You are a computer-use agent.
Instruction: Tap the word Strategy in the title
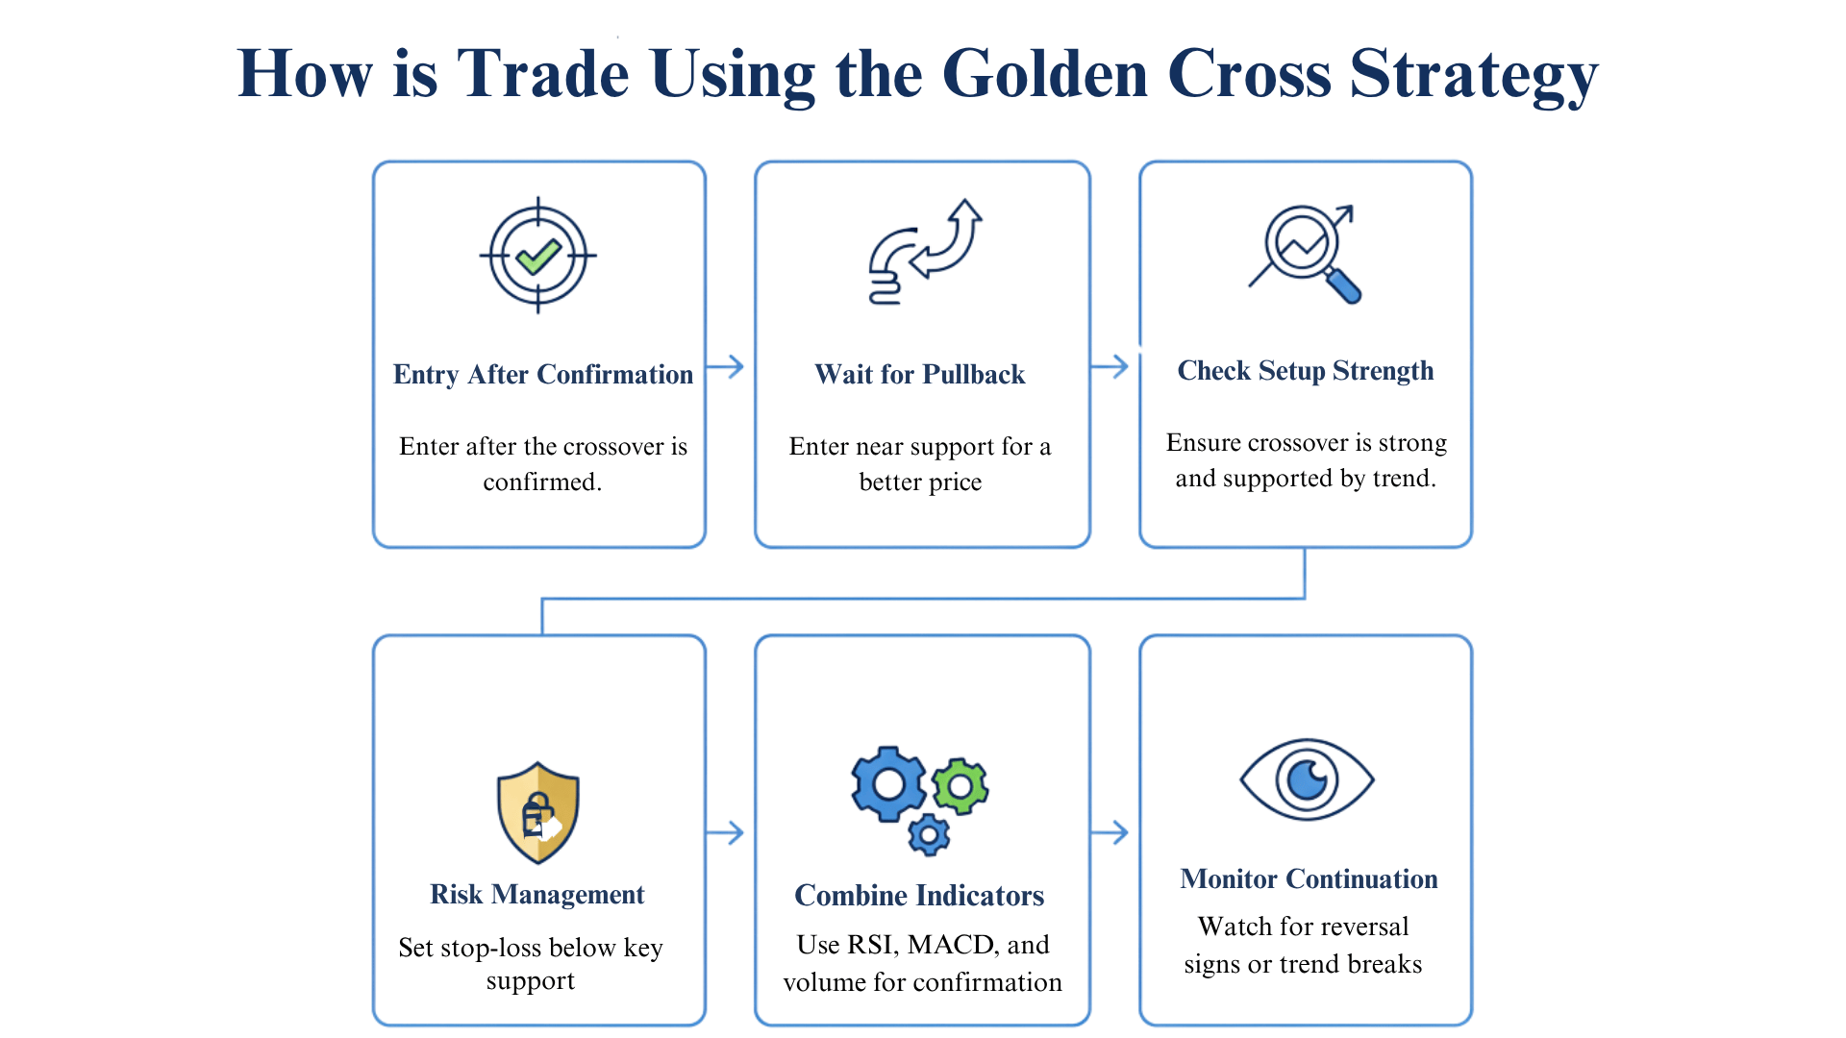1473,75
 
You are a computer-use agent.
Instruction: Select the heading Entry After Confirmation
542,374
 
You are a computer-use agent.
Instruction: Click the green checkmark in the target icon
537,256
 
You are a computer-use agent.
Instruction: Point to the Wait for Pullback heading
920,374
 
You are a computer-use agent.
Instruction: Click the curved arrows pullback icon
924,252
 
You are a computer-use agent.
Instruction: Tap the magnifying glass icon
1306,252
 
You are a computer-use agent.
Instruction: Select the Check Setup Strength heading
1305,370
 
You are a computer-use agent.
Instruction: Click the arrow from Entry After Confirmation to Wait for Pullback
726,366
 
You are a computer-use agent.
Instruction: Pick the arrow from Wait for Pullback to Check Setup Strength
1110,366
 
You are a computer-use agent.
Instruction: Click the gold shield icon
537,812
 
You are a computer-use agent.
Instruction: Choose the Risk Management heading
536,894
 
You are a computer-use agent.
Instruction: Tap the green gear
960,787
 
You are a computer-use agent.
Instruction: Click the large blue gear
888,784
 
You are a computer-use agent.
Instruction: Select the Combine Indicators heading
919,895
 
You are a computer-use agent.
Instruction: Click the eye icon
1307,779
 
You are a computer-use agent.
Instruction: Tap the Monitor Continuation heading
1309,878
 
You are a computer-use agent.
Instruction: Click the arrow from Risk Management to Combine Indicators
726,832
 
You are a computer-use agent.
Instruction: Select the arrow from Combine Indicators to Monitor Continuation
1110,832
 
